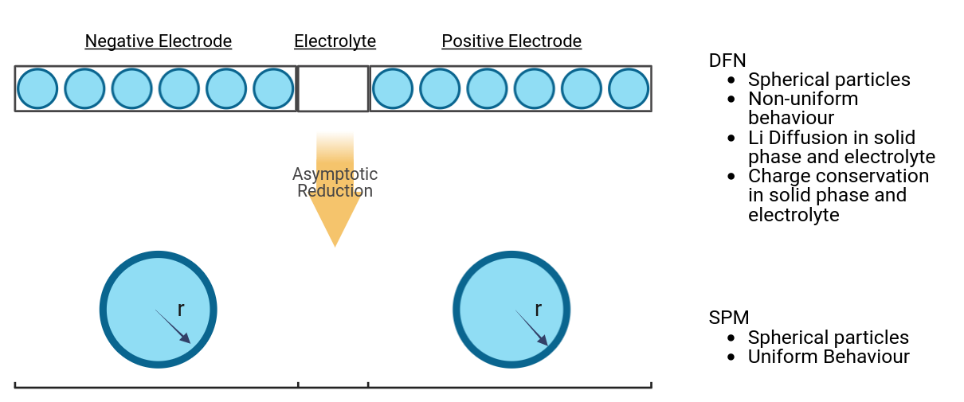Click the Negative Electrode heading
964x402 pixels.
coord(159,41)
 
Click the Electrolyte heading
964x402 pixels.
coord(335,41)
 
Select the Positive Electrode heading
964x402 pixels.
coord(511,41)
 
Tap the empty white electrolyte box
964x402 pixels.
coord(333,88)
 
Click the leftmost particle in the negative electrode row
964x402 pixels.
coord(37,88)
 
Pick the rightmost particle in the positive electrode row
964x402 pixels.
coord(629,88)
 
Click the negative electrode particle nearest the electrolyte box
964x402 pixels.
coord(273,88)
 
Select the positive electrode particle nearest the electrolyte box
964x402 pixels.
coord(392,88)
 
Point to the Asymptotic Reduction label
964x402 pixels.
coord(335,182)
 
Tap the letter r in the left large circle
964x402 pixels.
coord(181,310)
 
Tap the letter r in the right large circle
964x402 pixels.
coord(538,310)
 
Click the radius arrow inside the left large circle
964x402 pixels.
coord(173,326)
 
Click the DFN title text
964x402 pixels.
coord(727,60)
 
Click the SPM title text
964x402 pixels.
coord(729,318)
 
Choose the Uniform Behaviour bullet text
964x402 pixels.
coord(829,357)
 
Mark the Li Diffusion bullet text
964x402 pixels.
coord(841,147)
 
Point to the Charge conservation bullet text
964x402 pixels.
coord(838,195)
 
